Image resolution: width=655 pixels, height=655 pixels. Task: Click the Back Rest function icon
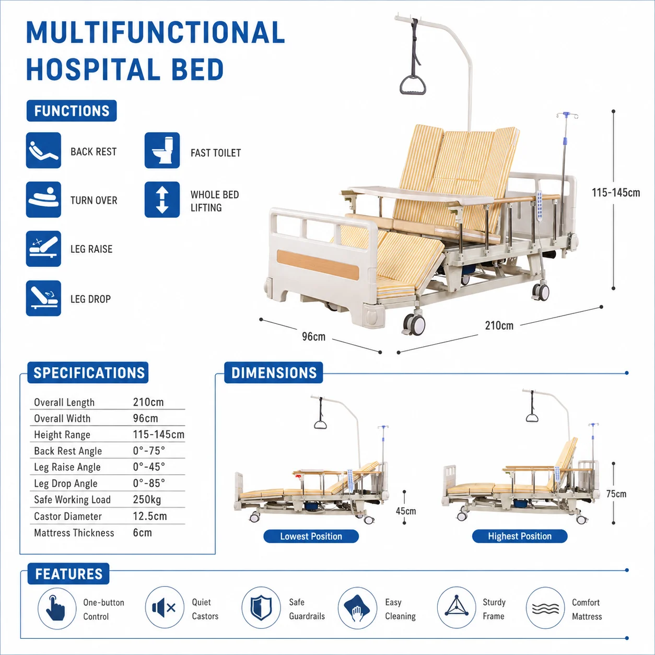click(43, 150)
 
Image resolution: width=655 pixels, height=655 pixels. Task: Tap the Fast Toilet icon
click(162, 150)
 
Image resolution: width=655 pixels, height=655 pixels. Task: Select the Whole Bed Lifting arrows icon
click(162, 200)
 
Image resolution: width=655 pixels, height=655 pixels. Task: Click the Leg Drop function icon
click(43, 298)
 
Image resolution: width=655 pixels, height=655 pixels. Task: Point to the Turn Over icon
click(43, 200)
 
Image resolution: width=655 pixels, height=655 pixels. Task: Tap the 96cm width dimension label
click(314, 336)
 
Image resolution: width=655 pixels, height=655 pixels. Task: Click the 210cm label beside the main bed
click(499, 325)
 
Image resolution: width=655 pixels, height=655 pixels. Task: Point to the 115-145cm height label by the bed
click(616, 193)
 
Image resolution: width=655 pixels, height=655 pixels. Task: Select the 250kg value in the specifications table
click(147, 499)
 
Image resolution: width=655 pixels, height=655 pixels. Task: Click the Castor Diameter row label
click(68, 516)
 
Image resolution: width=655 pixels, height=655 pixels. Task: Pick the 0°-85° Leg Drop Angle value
click(149, 483)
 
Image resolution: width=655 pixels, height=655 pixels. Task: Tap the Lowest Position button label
click(311, 536)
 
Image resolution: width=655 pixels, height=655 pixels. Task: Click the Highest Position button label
click(520, 536)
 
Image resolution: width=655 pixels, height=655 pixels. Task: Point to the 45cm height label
click(406, 511)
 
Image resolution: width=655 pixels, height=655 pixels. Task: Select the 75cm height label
click(616, 494)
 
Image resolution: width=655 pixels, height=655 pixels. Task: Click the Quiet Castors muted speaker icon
click(165, 607)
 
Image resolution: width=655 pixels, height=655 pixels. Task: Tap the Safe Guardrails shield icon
click(261, 607)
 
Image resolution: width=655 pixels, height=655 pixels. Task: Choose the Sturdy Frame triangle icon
click(456, 607)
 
